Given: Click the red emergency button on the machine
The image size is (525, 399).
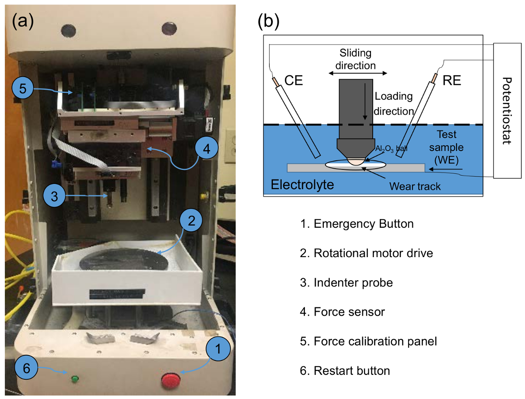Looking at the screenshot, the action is (x=171, y=380).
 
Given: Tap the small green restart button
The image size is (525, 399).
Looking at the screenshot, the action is (x=75, y=379).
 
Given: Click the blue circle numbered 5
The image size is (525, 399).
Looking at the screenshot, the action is (x=23, y=88).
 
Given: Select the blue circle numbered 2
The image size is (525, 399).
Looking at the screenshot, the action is (x=191, y=220).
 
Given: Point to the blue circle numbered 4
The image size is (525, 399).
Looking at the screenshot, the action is (x=206, y=148).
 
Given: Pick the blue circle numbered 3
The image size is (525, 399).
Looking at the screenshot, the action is (x=54, y=196).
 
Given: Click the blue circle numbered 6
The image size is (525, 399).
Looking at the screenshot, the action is (x=26, y=367).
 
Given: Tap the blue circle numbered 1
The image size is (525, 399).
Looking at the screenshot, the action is (x=218, y=349).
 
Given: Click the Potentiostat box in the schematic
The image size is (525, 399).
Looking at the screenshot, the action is (x=507, y=110).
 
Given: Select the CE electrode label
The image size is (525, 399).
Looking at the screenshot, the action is (x=294, y=80).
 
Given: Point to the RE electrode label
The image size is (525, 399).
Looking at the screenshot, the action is (x=452, y=80).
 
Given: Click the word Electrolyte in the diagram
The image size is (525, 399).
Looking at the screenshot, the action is (x=302, y=184).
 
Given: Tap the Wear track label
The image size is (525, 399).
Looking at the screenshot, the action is (x=415, y=186).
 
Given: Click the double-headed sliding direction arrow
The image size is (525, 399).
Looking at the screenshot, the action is (x=358, y=73).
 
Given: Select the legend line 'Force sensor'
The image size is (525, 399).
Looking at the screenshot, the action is (x=342, y=312).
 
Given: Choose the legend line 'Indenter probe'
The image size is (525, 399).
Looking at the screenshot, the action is (x=346, y=282).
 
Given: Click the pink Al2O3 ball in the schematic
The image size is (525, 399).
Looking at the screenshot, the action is (x=356, y=162).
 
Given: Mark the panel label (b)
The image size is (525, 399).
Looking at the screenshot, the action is (x=268, y=21).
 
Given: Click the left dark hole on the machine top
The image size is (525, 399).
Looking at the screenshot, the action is (x=69, y=31).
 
